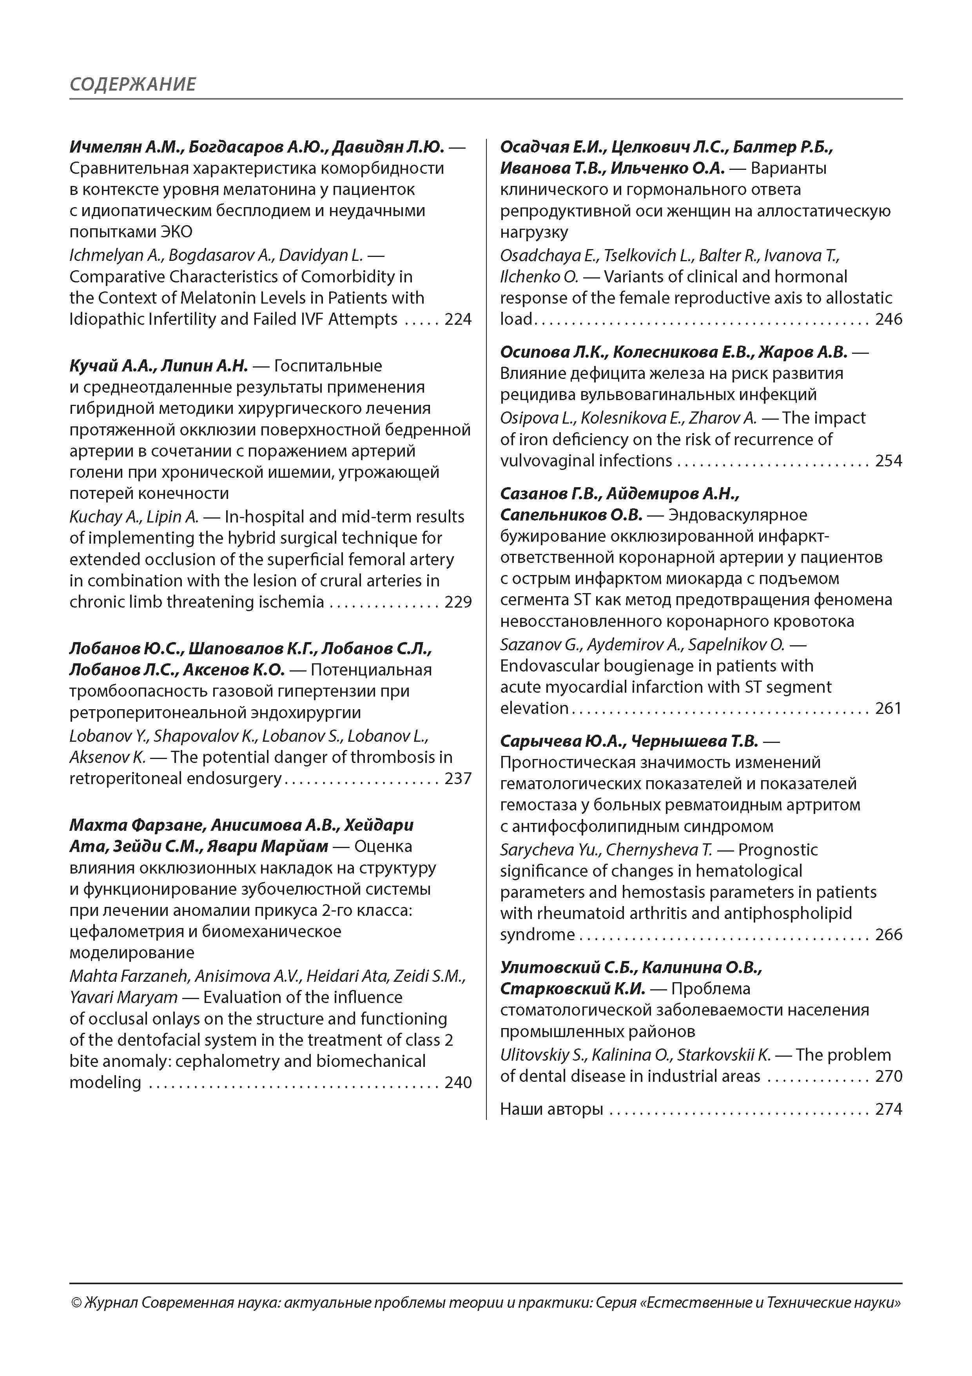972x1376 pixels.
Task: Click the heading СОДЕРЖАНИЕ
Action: tap(132, 84)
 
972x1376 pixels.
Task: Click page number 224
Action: tap(458, 319)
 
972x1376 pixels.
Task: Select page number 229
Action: tap(458, 602)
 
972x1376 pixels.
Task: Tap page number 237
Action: tap(458, 779)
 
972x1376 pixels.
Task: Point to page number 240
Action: tap(458, 1082)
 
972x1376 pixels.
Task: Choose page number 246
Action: tap(889, 319)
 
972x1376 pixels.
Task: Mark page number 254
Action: tap(889, 461)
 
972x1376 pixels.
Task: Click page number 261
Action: tap(889, 708)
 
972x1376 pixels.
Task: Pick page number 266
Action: tap(889, 935)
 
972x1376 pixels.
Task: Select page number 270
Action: tap(889, 1076)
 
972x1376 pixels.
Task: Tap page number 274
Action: tap(889, 1109)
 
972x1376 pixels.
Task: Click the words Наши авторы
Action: tap(551, 1109)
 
